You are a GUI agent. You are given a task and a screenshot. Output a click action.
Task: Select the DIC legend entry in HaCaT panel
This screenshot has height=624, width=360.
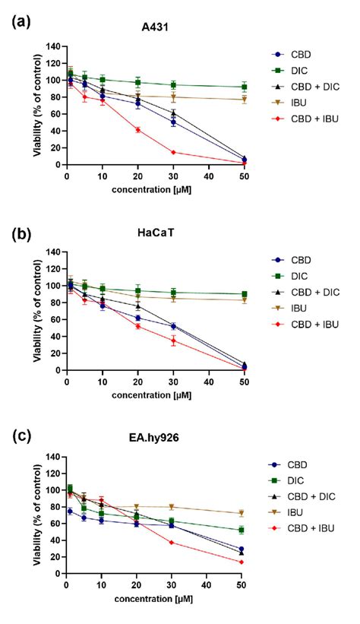click(299, 277)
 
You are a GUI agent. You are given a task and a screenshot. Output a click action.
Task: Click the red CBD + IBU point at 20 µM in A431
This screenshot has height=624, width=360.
click(137, 130)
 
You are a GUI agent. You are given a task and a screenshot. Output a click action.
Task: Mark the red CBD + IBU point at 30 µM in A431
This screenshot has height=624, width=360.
click(173, 152)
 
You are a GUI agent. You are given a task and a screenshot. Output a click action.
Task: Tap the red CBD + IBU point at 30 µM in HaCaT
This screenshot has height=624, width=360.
click(173, 341)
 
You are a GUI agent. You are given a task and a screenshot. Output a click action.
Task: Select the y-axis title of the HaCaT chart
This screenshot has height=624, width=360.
click(36, 312)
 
